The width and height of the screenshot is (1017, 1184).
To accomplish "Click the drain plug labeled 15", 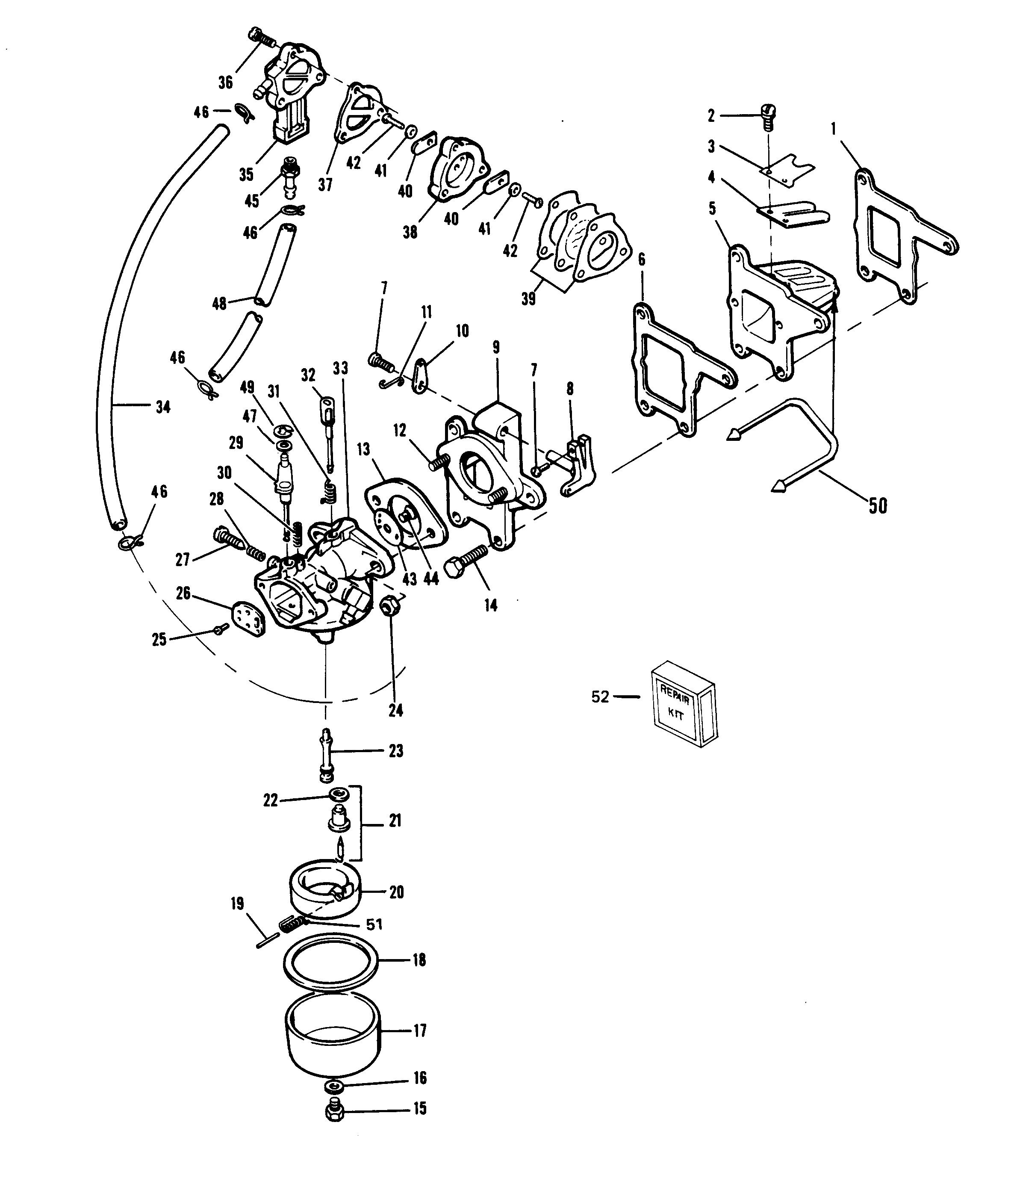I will [334, 1111].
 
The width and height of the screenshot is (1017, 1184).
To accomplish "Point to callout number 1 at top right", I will [834, 130].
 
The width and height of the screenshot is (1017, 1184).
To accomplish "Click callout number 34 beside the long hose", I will [163, 407].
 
